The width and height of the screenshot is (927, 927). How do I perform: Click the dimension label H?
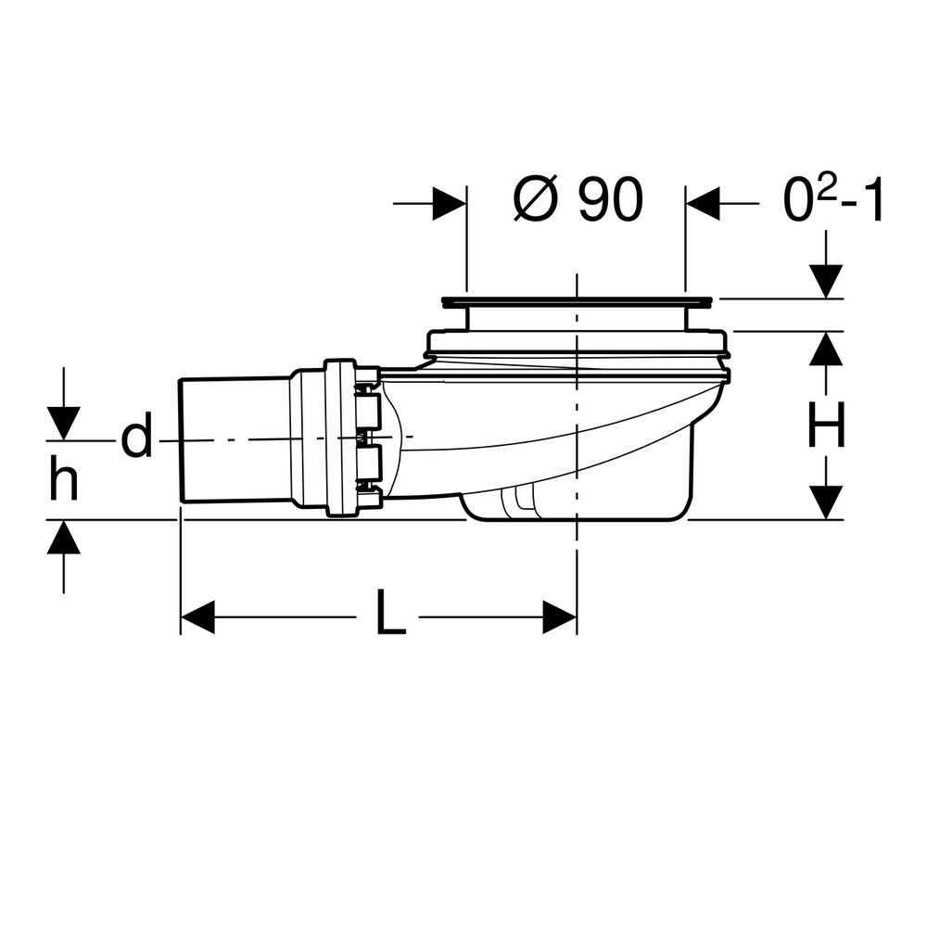pyautogui.click(x=826, y=425)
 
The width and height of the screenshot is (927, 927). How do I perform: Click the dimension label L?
pyautogui.click(x=391, y=612)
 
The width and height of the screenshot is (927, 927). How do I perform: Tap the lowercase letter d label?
pyautogui.click(x=136, y=435)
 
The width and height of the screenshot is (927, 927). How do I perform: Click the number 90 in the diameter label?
pyautogui.click(x=610, y=199)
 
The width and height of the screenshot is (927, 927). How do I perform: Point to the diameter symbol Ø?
pyautogui.click(x=536, y=199)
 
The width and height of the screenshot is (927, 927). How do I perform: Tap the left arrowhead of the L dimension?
pyautogui.click(x=197, y=617)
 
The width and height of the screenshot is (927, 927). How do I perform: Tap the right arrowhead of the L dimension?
pyautogui.click(x=560, y=617)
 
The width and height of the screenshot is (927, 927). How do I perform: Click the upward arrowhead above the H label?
pyautogui.click(x=826, y=349)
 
